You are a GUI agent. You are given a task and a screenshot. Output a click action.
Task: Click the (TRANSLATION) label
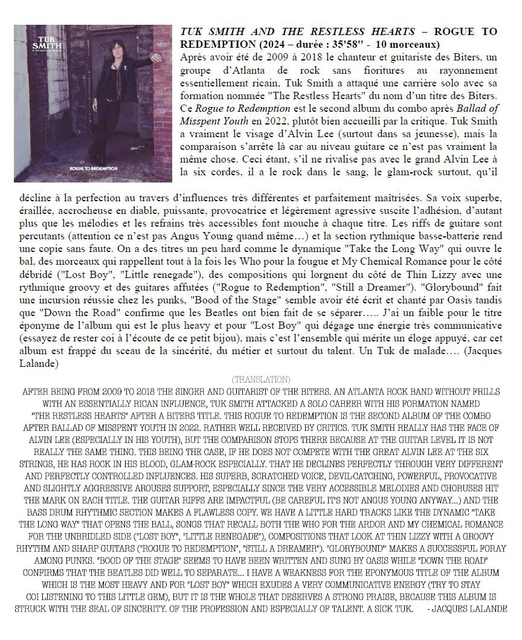(x=260, y=379)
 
